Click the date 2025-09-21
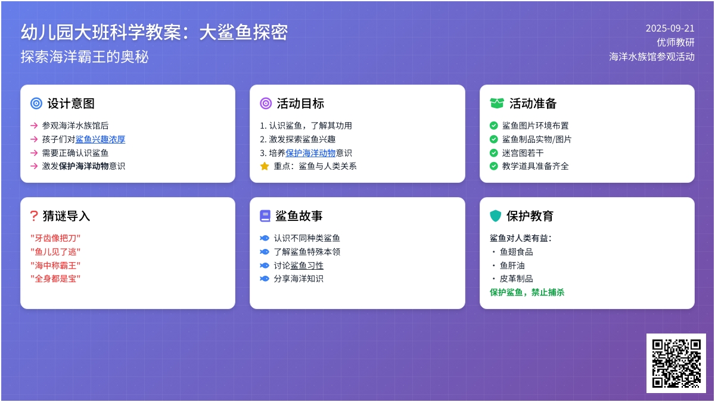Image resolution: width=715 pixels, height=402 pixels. coord(670,29)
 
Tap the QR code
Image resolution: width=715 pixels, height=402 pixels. coord(676,363)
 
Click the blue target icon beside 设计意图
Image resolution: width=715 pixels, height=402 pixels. coord(36,104)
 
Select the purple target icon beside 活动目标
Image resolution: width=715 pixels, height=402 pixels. coord(266,104)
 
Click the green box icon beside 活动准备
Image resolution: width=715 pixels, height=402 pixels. coord(497,104)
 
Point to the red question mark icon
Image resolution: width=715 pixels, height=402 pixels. coord(34,216)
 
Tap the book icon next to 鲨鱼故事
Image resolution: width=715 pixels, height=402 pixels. coord(265,216)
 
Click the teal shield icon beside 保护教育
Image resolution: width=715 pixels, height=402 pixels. coord(495,216)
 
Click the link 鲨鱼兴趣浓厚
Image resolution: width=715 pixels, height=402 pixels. coord(100,139)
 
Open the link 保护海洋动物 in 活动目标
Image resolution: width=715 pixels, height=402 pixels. coord(310,153)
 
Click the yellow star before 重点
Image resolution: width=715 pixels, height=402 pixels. coord(265,166)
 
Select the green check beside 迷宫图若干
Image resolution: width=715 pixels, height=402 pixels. coord(493,153)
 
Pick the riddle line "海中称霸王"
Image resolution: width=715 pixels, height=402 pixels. coord(55,266)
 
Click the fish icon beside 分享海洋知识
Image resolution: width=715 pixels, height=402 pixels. coord(265,279)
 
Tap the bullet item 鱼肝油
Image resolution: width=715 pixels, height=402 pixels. coord(512,266)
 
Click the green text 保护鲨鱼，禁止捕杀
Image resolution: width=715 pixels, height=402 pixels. coord(527,292)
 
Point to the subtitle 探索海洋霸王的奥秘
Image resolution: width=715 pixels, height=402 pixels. coord(85,57)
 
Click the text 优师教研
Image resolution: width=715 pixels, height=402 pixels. coord(676,42)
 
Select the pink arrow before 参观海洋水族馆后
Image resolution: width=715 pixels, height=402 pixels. coord(34,126)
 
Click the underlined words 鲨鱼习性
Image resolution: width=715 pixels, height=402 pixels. coord(307,266)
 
